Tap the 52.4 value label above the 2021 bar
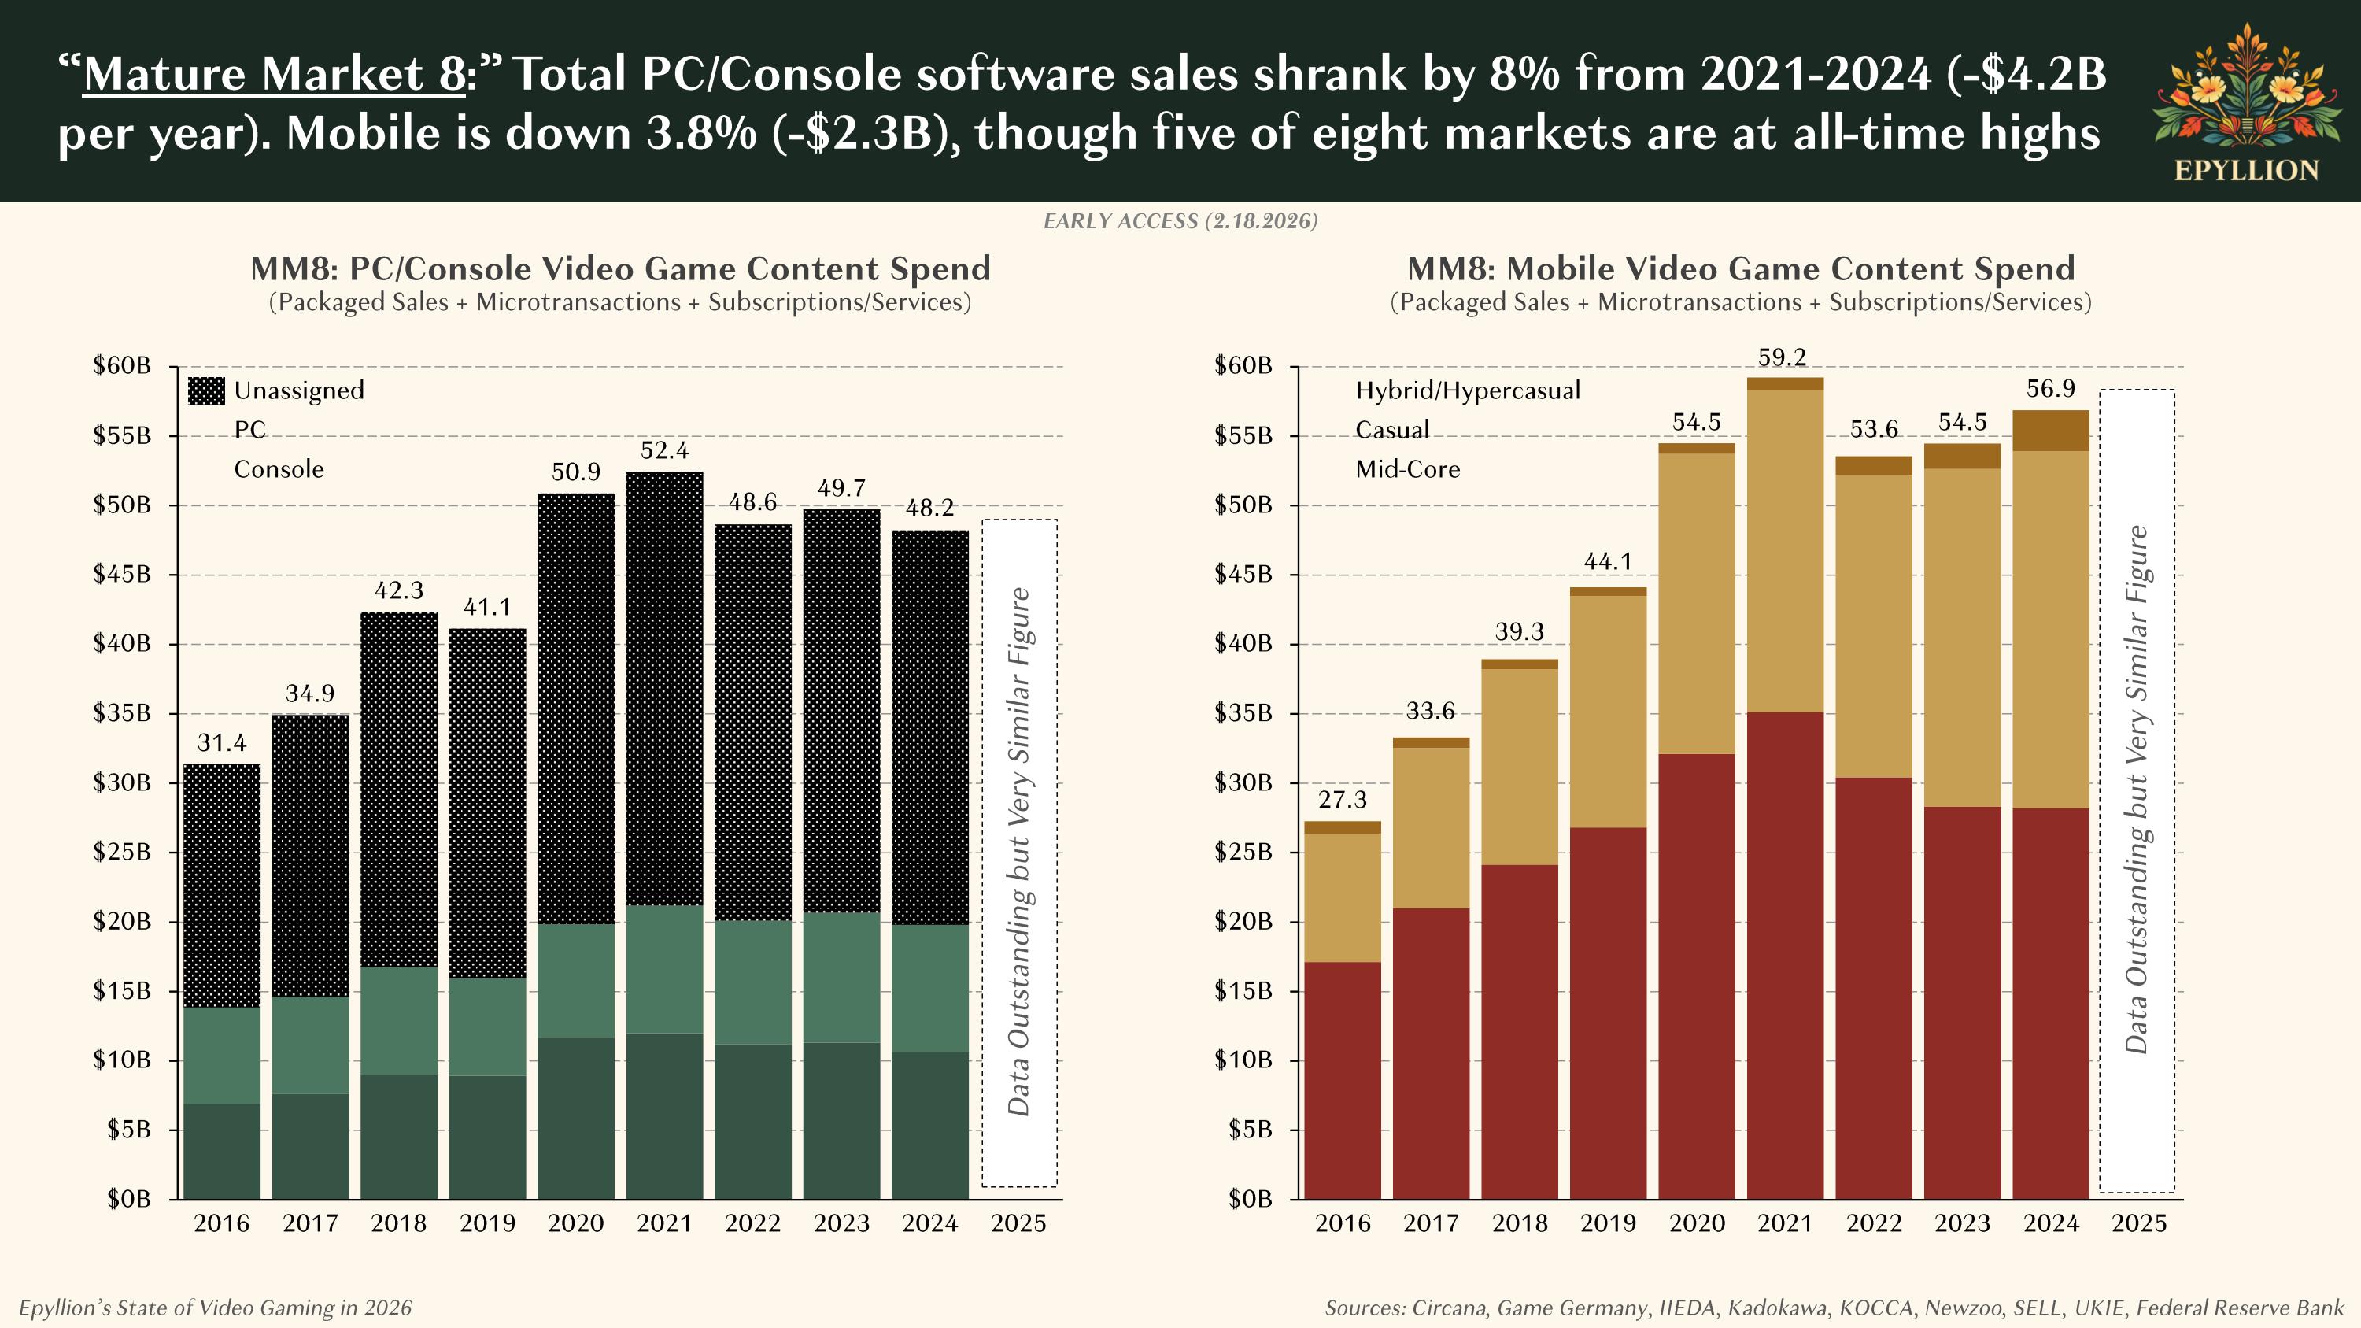tap(664, 451)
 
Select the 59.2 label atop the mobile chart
tap(1783, 357)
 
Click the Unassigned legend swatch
tap(206, 390)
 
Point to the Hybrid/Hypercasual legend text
tap(1468, 390)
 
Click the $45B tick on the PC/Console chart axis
tap(122, 575)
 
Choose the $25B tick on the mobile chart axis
tap(1243, 853)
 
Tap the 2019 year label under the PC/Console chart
tap(486, 1223)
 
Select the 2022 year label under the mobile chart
tap(1873, 1223)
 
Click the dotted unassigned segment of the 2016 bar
tap(222, 885)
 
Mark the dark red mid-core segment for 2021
tap(1784, 953)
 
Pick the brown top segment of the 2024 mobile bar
tap(2050, 431)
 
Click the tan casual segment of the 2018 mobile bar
tap(1519, 766)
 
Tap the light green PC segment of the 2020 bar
tap(575, 981)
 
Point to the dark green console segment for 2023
tap(841, 1120)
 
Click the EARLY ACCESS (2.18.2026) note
tap(1180, 221)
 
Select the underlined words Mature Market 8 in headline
tap(273, 73)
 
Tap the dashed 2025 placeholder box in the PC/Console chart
tap(1019, 853)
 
